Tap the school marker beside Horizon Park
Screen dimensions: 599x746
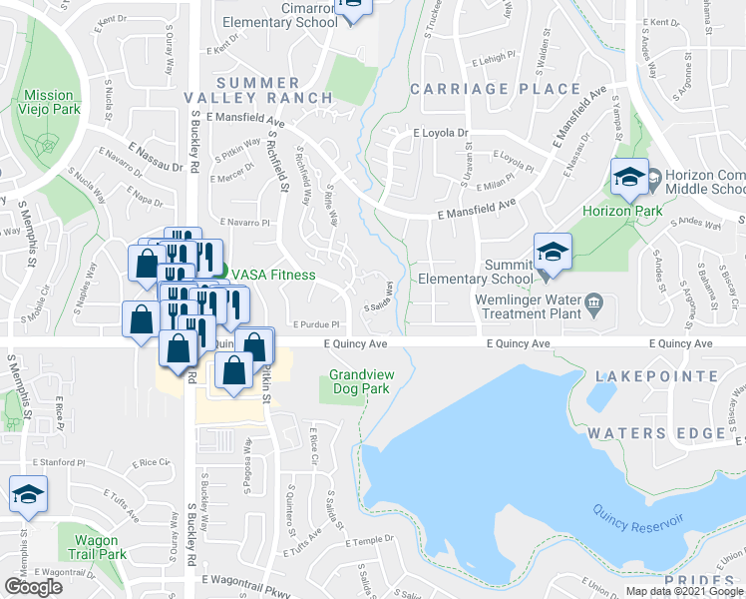click(x=628, y=178)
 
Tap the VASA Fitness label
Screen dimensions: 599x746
click(x=273, y=275)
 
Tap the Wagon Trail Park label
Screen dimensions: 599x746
click(x=98, y=547)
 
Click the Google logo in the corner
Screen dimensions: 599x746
click(x=33, y=587)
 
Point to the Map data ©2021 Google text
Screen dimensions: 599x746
click(x=683, y=591)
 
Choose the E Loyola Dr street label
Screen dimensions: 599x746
click(x=440, y=132)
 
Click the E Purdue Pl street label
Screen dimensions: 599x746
click(x=317, y=324)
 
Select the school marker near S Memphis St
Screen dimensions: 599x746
click(x=28, y=495)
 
